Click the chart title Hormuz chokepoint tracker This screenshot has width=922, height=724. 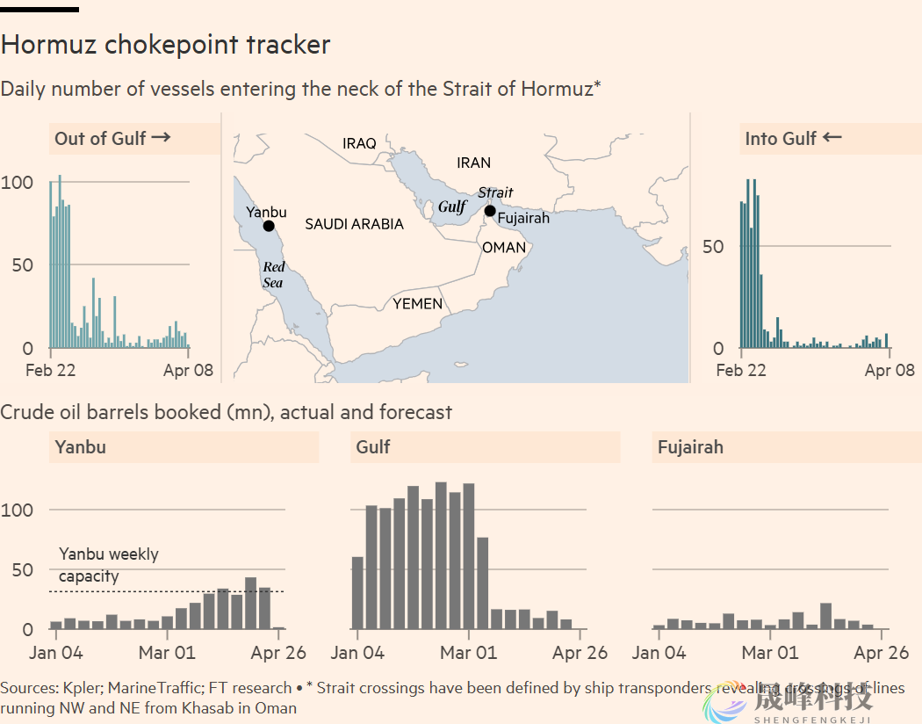166,45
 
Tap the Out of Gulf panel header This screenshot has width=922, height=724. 112,138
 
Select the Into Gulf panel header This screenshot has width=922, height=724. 793,138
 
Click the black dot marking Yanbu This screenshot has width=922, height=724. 269,226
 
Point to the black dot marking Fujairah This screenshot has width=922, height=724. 490,210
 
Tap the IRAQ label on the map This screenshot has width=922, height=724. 359,143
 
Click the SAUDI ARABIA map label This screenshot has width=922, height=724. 354,224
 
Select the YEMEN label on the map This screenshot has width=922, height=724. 417,304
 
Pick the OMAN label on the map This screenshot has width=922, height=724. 504,248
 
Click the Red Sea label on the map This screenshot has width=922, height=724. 273,274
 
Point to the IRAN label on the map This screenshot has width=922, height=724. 474,163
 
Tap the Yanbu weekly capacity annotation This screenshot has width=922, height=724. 108,565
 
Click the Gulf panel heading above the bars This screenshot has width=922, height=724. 373,447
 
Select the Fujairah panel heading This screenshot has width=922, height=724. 690,447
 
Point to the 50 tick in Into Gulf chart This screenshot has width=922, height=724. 713,246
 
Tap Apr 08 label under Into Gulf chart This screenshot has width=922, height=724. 890,370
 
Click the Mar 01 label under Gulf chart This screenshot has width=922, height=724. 469,653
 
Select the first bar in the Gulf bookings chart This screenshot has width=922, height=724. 357,593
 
